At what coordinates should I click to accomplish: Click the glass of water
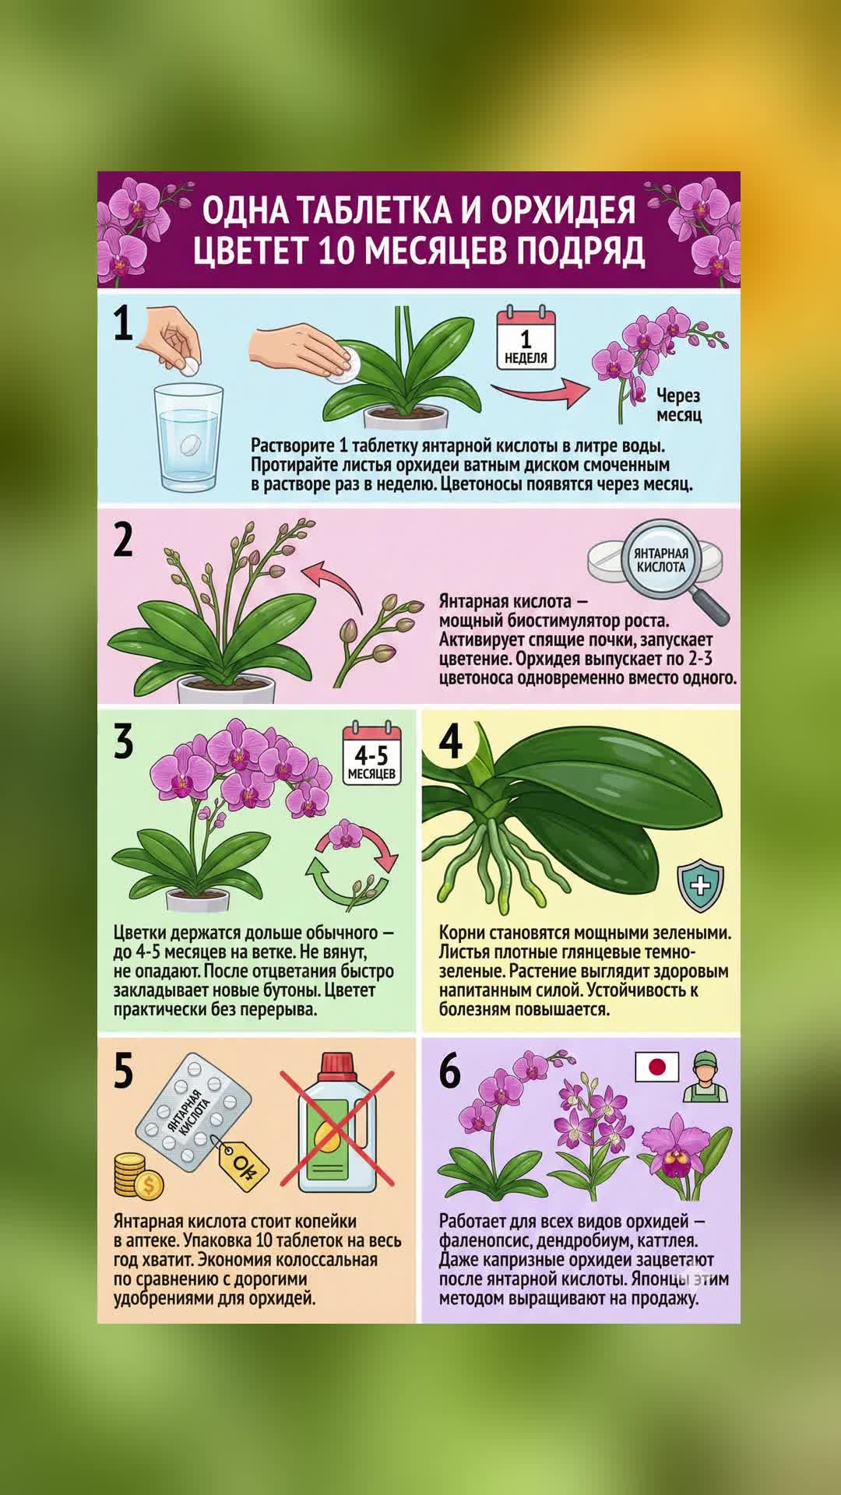pos(189,438)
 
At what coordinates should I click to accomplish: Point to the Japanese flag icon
pos(656,1067)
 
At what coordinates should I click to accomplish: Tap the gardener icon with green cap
pos(706,1077)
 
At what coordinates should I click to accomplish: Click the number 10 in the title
pos(336,251)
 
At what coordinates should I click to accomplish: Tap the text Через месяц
pos(678,405)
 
